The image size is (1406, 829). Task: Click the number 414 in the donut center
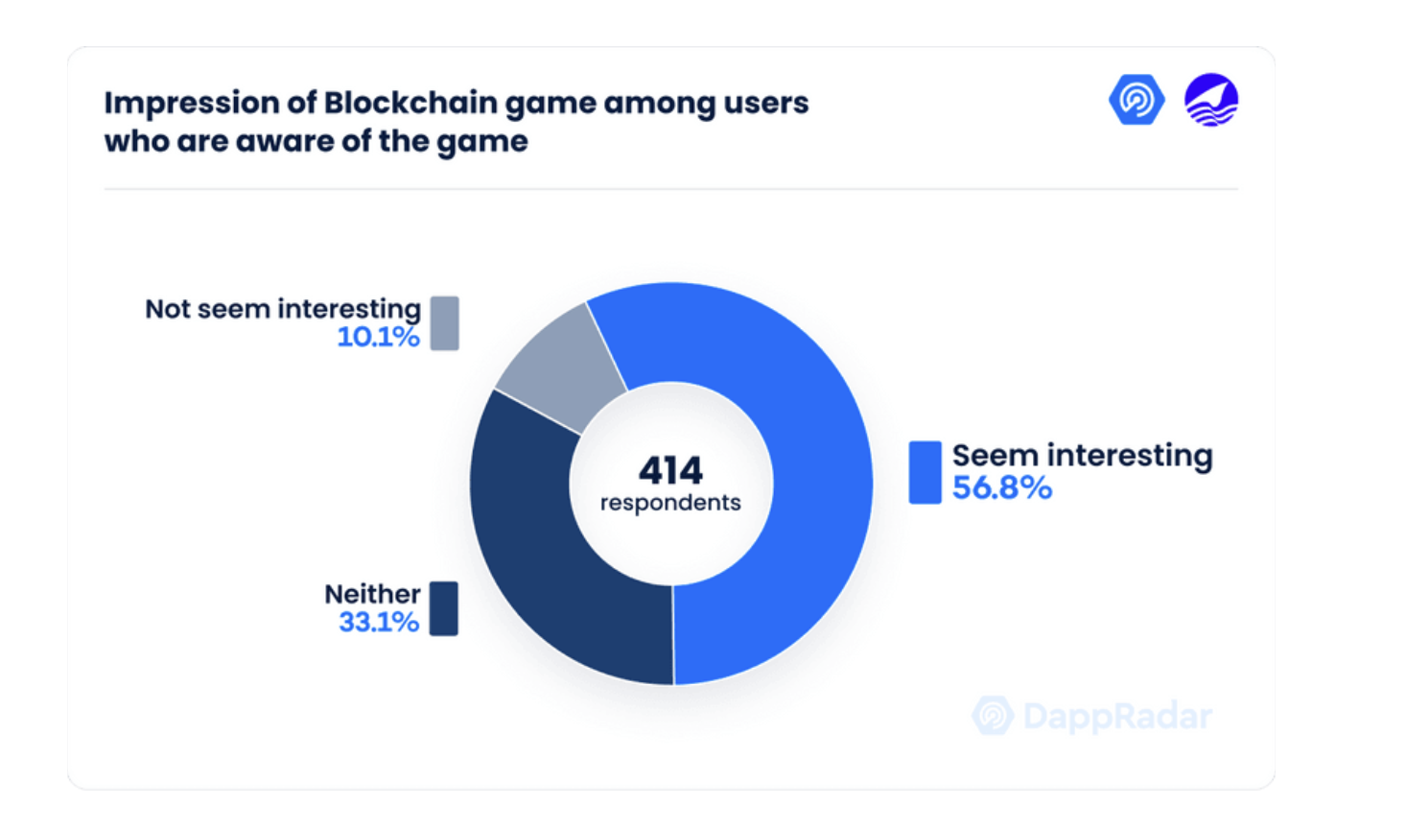click(x=670, y=470)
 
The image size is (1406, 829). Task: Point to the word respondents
click(x=670, y=503)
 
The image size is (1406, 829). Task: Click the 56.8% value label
click(x=1001, y=488)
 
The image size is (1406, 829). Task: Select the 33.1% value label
click(x=379, y=623)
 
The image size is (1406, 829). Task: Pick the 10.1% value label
click(x=379, y=337)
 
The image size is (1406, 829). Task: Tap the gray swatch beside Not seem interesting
click(x=444, y=323)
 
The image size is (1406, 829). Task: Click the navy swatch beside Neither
click(x=443, y=608)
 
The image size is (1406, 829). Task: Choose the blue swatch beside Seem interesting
click(x=925, y=472)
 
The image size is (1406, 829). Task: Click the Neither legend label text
click(x=372, y=594)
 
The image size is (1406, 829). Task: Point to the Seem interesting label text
click(x=1082, y=455)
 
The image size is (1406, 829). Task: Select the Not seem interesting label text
click(x=283, y=309)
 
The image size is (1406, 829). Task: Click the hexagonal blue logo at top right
click(x=1137, y=100)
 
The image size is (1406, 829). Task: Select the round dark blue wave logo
click(x=1211, y=100)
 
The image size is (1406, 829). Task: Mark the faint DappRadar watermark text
click(x=1116, y=716)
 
